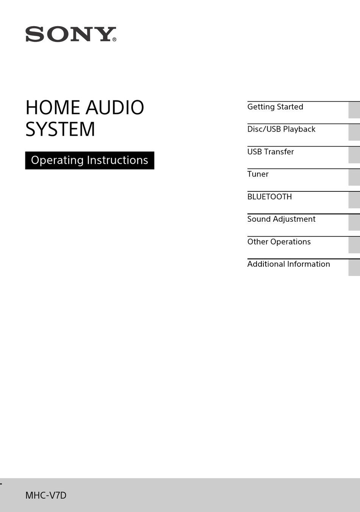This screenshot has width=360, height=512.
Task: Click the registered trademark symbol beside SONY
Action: pos(114,39)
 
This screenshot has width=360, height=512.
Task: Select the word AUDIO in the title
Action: pos(115,108)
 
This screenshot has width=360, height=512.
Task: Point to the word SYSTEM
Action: pos(60,129)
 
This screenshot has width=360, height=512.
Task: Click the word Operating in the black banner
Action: pos(57,160)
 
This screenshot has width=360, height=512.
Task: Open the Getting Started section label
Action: pos(275,107)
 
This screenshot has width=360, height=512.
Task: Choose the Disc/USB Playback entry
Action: pos(281,129)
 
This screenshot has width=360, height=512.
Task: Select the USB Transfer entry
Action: pos(271,152)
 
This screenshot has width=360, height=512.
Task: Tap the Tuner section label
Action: pos(258,174)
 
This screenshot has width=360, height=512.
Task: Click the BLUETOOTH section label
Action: pos(269,197)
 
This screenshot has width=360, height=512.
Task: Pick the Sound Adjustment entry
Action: pos(281,219)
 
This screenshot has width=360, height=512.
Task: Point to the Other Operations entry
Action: pos(279,242)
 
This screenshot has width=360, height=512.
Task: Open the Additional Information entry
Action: pos(288,264)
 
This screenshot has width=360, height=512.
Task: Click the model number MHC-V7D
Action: pos(46,495)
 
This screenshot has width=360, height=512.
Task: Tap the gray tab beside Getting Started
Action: pos(354,110)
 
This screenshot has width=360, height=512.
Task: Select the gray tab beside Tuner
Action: pos(354,177)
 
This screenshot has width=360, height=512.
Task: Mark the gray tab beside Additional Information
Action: pos(354,268)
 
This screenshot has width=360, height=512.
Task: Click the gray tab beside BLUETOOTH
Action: pos(354,200)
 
